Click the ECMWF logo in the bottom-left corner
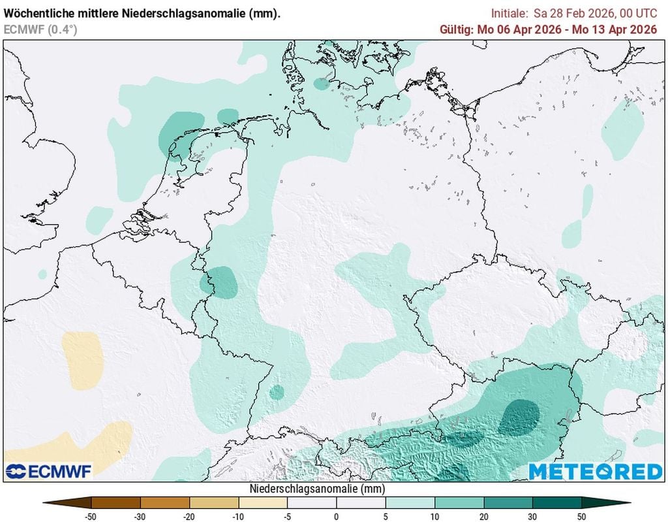tap(49, 471)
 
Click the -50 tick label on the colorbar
tap(91, 516)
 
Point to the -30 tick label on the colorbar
tap(140, 516)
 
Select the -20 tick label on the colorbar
tap(189, 516)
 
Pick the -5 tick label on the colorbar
tap(287, 516)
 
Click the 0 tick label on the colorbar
tap(337, 516)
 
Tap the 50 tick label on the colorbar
tap(581, 516)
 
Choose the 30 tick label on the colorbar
tap(532, 516)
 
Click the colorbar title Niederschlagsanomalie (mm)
tap(317, 489)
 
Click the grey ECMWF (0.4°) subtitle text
tap(40, 29)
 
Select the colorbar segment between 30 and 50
tap(556, 502)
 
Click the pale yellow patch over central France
tap(83, 360)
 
